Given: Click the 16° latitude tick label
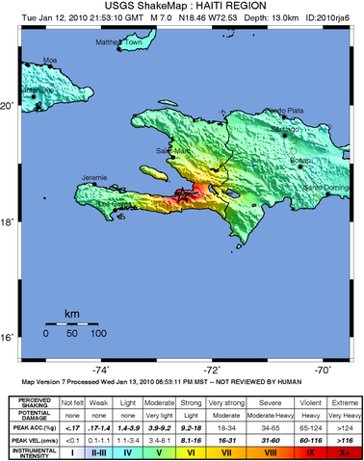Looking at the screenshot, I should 12,337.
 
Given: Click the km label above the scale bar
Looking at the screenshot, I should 72,314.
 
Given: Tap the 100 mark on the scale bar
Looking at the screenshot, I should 98,332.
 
